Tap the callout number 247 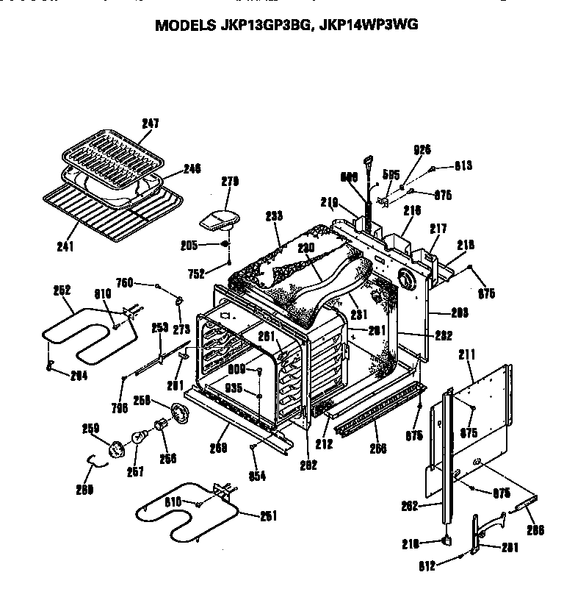pyautogui.click(x=150, y=124)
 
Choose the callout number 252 pyautogui.click(x=61, y=290)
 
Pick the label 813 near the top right pyautogui.click(x=463, y=166)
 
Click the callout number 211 pyautogui.click(x=464, y=355)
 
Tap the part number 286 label pyautogui.click(x=537, y=529)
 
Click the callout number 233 pyautogui.click(x=273, y=216)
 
